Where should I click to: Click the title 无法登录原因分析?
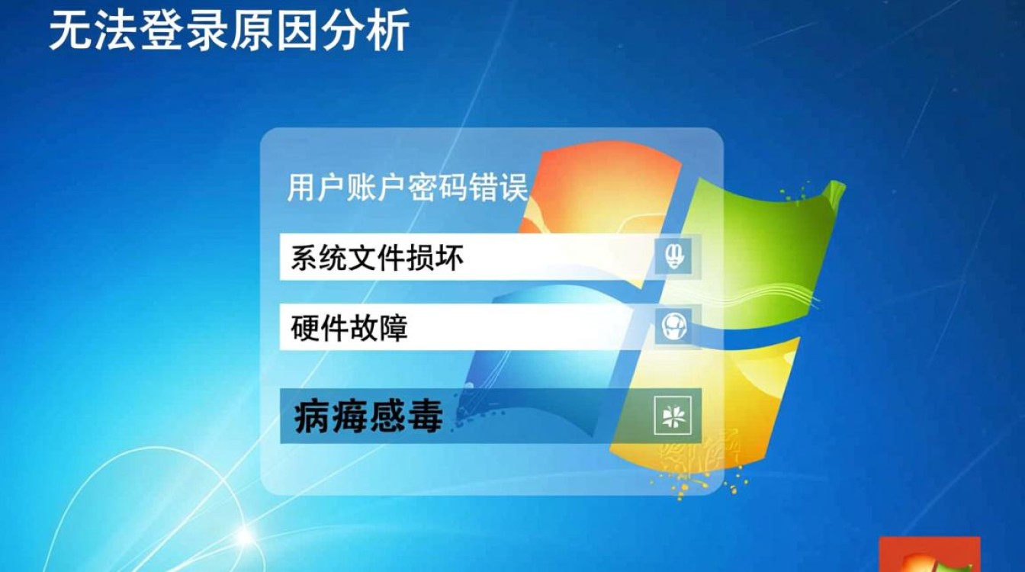coord(229,31)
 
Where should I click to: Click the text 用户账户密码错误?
coord(407,188)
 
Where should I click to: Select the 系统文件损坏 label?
coord(377,259)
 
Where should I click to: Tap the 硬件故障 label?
coord(349,328)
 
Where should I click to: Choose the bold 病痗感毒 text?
coord(368,416)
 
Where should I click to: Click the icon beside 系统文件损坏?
coord(674,257)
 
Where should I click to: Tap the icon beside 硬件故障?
coord(674,326)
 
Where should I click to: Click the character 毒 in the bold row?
coord(425,416)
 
